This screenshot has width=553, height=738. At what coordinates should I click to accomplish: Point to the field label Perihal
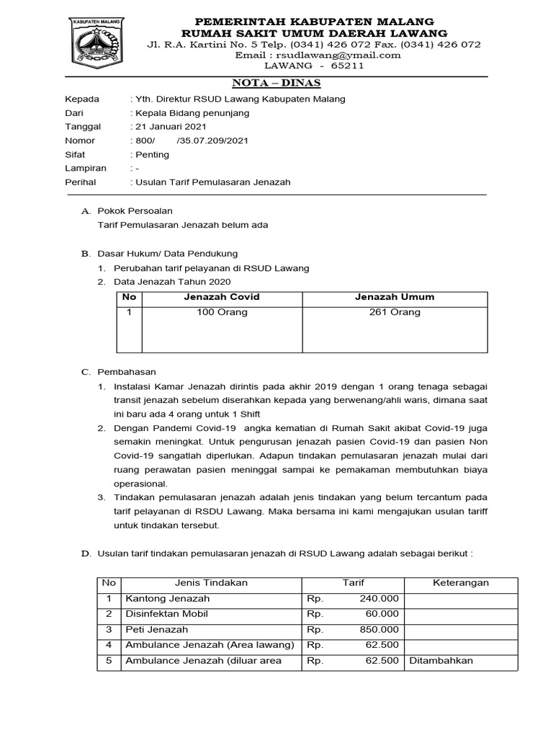pyautogui.click(x=81, y=182)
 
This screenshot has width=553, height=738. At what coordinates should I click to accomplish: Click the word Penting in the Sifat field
pyautogui.click(x=152, y=154)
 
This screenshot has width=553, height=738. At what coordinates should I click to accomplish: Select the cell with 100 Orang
pyautogui.click(x=222, y=312)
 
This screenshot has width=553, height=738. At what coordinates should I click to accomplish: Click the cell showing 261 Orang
pyautogui.click(x=394, y=312)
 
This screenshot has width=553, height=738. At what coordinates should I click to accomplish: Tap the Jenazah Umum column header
pyautogui.click(x=394, y=297)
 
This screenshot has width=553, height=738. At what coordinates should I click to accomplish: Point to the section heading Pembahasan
pyautogui.click(x=127, y=372)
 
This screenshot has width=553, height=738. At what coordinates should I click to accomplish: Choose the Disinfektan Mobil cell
pyautogui.click(x=166, y=614)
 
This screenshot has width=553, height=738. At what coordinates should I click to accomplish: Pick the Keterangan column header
pyautogui.click(x=460, y=583)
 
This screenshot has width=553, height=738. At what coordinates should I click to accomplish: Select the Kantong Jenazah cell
pyautogui.click(x=168, y=599)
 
